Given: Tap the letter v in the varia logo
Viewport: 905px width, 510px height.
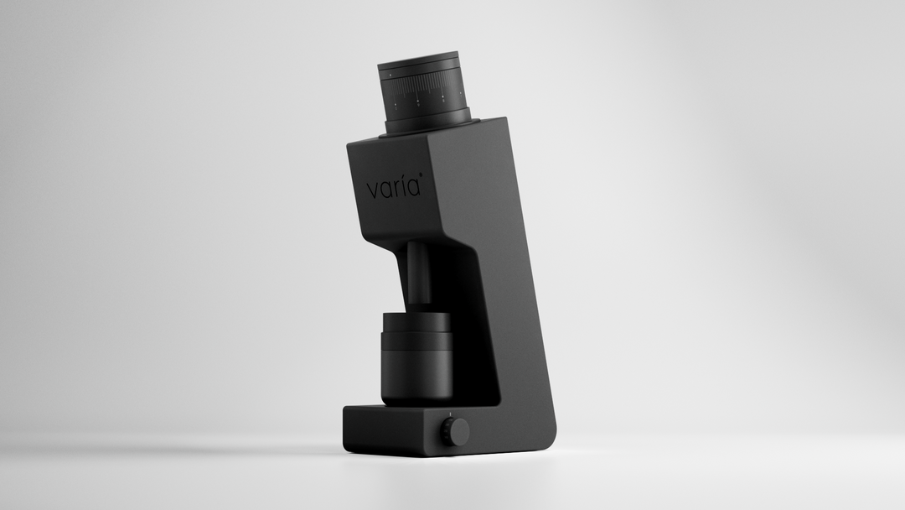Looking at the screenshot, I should tap(373, 191).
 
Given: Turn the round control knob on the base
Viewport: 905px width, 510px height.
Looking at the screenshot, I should tap(455, 432).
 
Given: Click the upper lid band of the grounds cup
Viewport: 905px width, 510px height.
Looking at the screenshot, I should tap(417, 322).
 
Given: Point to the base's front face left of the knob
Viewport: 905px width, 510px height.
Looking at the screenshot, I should tap(390, 432).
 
